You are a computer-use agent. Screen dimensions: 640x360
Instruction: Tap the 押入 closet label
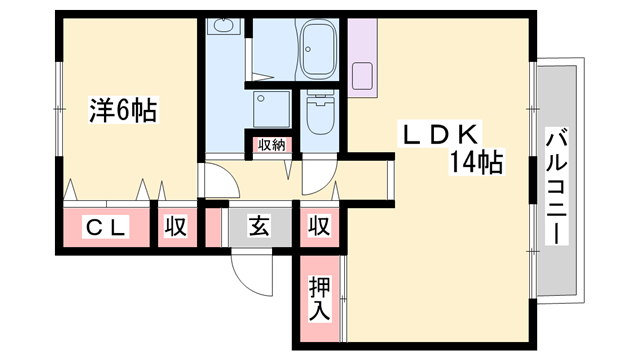click(318, 300)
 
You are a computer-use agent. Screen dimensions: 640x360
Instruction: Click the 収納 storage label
click(272, 145)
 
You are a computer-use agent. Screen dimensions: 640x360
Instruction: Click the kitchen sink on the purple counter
click(363, 74)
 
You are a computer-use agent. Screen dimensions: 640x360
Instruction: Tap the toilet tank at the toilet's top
click(320, 99)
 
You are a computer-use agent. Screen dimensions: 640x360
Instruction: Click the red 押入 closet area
click(318, 300)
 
